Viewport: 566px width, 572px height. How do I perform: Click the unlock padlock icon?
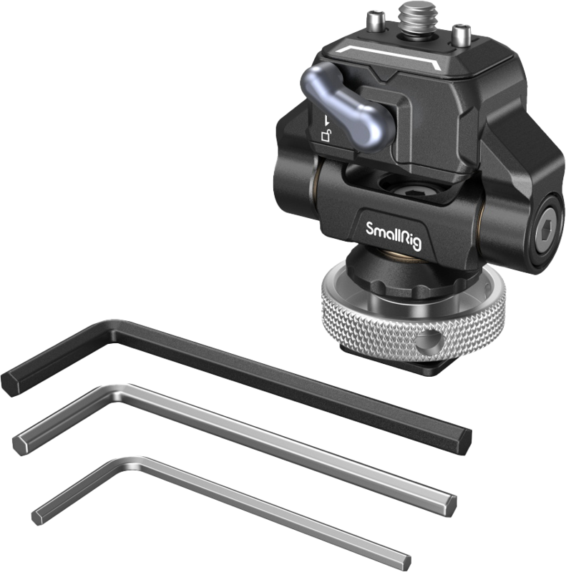tap(326, 136)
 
